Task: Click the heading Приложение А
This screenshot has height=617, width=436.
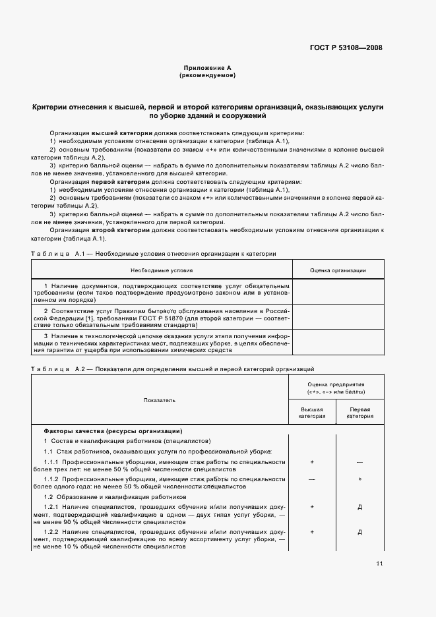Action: (x=207, y=68)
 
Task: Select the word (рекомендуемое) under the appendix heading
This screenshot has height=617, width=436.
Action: (x=207, y=75)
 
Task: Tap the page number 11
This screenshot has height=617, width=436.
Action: (x=379, y=563)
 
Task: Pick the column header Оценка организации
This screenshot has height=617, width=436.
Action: (x=338, y=270)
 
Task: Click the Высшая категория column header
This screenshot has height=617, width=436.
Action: (x=312, y=413)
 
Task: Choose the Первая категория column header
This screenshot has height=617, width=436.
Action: (x=359, y=413)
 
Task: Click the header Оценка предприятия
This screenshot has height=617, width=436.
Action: (x=336, y=388)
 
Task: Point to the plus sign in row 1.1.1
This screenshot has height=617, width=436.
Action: (x=312, y=463)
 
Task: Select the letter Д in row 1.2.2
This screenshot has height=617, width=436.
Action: (x=359, y=531)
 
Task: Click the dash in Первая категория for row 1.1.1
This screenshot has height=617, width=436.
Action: (x=359, y=463)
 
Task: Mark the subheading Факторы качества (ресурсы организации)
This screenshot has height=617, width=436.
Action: (x=113, y=430)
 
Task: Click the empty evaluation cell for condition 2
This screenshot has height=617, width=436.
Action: (x=338, y=316)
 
